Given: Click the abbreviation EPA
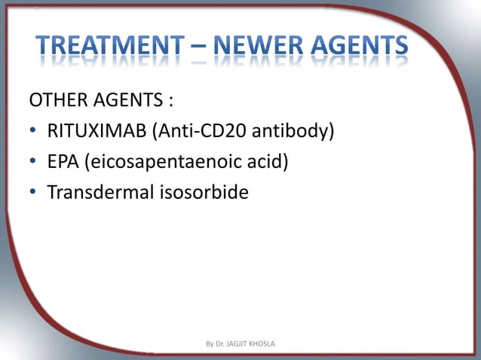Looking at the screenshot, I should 63,163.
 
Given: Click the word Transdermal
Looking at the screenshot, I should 100,193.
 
